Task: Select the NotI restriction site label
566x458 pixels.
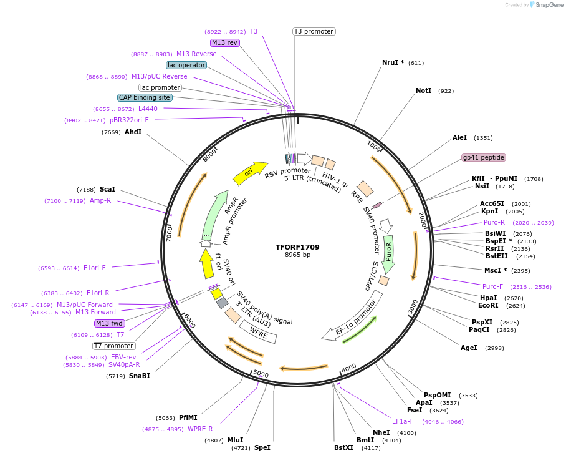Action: pyautogui.click(x=423, y=90)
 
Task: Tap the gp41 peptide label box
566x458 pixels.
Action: pyautogui.click(x=483, y=157)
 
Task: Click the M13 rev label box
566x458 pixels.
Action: pyautogui.click(x=224, y=42)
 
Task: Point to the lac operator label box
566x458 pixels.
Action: pyautogui.click(x=186, y=65)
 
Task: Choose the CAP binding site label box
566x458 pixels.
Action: pyautogui.click(x=145, y=97)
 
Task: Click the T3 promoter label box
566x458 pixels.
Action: pyautogui.click(x=314, y=31)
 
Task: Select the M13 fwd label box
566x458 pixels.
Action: pyautogui.click(x=109, y=323)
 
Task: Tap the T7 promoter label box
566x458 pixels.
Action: pyautogui.click(x=113, y=346)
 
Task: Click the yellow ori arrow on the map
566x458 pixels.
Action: pyautogui.click(x=249, y=173)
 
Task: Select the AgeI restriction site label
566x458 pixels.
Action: pyautogui.click(x=469, y=348)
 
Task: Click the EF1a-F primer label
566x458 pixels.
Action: pyautogui.click(x=403, y=421)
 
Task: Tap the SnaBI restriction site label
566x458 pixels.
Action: pyautogui.click(x=139, y=376)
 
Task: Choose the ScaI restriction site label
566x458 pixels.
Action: pyautogui.click(x=107, y=189)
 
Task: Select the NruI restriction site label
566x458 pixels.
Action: pyautogui.click(x=393, y=62)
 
